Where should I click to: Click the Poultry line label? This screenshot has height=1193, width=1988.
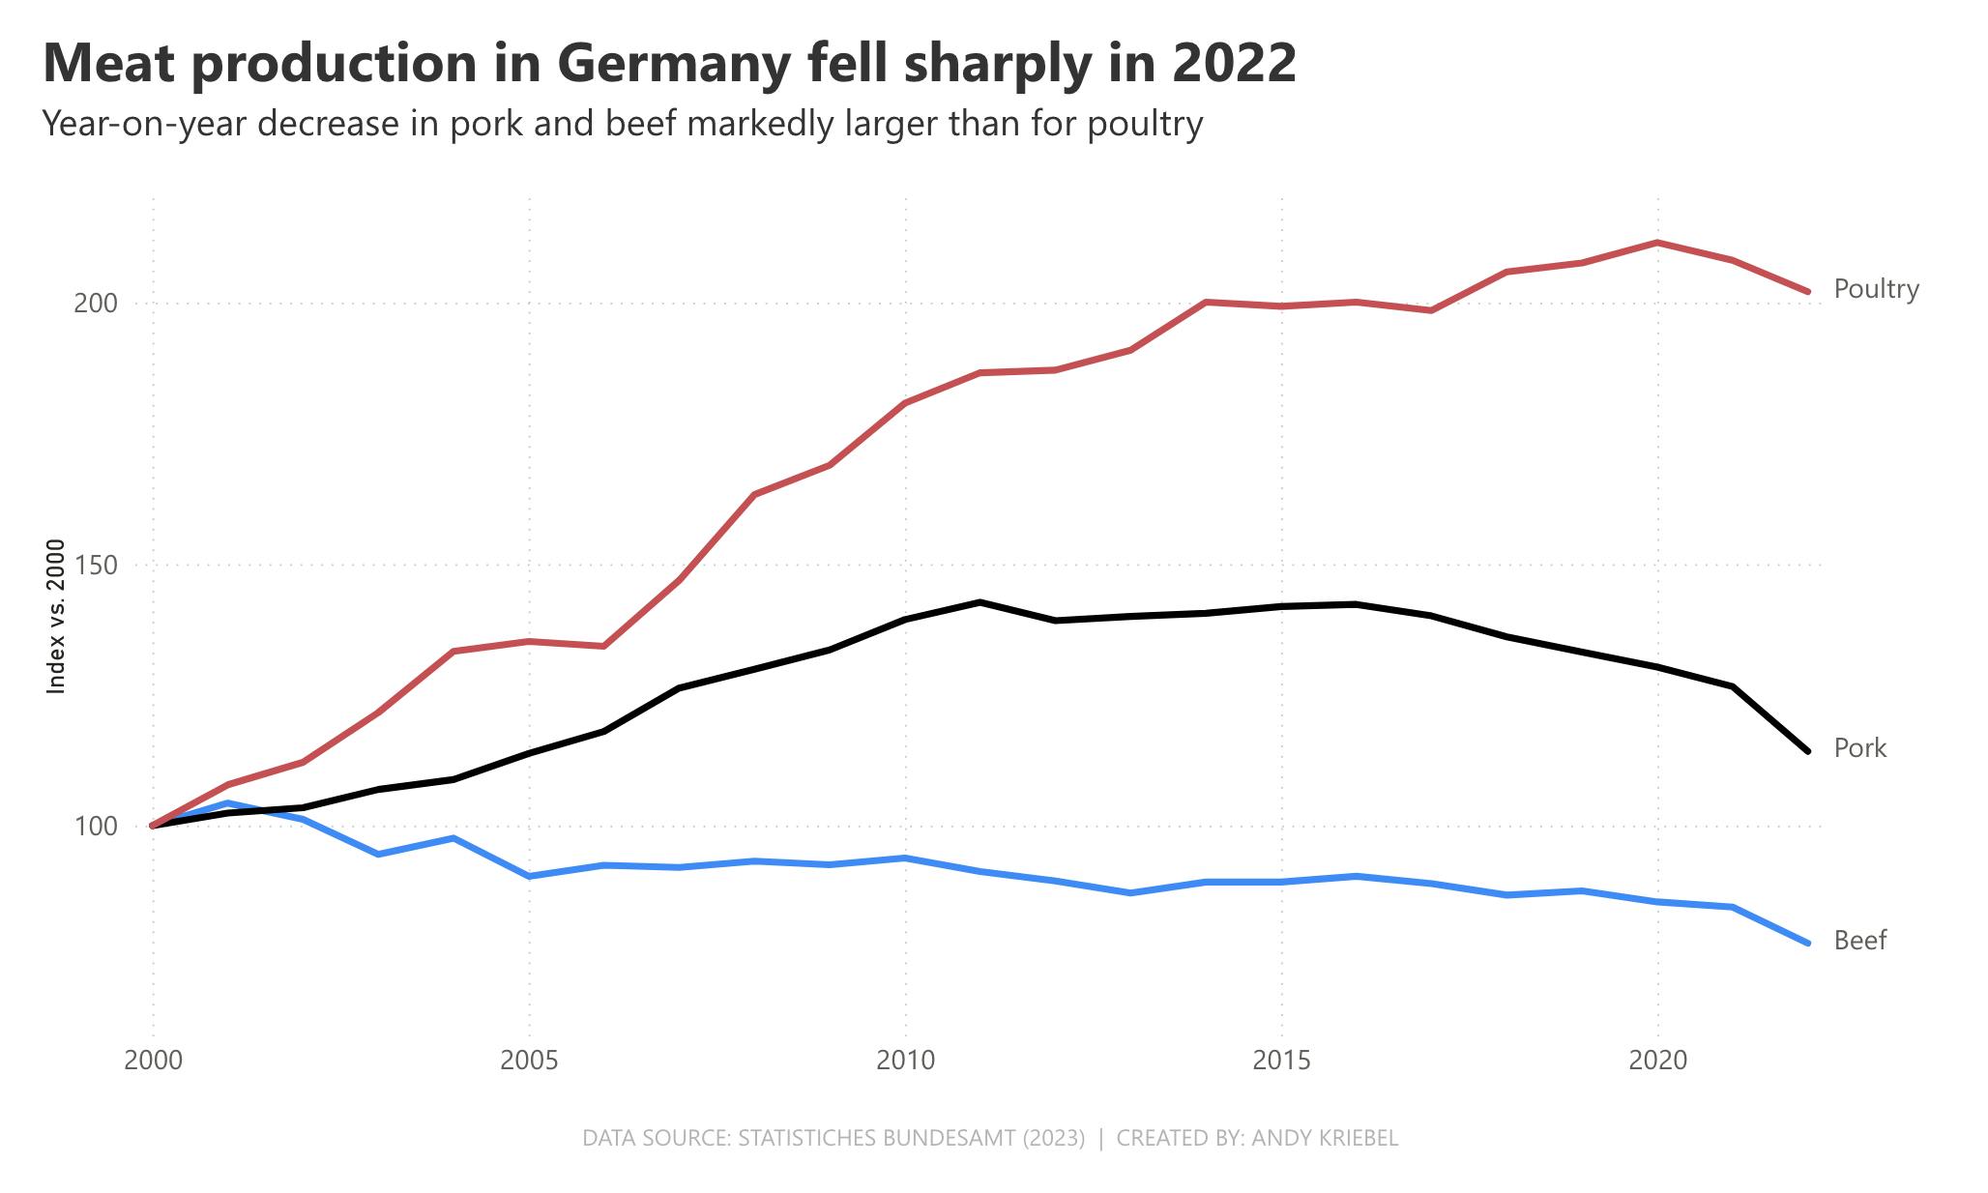1876,289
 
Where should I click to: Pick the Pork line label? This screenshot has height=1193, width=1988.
1859,748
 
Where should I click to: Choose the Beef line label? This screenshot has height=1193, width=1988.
1859,941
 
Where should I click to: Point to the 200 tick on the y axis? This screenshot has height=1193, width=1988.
96,304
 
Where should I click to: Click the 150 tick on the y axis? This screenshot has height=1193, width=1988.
96,565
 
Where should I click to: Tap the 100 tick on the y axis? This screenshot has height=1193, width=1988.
96,827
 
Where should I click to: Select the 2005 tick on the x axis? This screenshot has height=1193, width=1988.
529,1062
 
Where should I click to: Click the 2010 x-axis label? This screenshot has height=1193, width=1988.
905,1062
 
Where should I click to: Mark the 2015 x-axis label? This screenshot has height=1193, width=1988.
1281,1062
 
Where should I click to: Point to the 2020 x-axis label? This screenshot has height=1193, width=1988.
1657,1062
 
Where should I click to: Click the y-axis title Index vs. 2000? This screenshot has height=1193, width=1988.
56,617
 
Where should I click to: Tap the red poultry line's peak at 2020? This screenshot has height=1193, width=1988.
1657,243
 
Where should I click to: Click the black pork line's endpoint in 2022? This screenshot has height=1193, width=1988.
1807,750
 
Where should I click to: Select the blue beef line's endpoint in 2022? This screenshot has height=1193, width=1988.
1807,943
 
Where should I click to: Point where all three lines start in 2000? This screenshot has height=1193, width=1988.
153,826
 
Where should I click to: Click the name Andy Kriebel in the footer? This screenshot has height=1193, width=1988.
1324,1138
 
